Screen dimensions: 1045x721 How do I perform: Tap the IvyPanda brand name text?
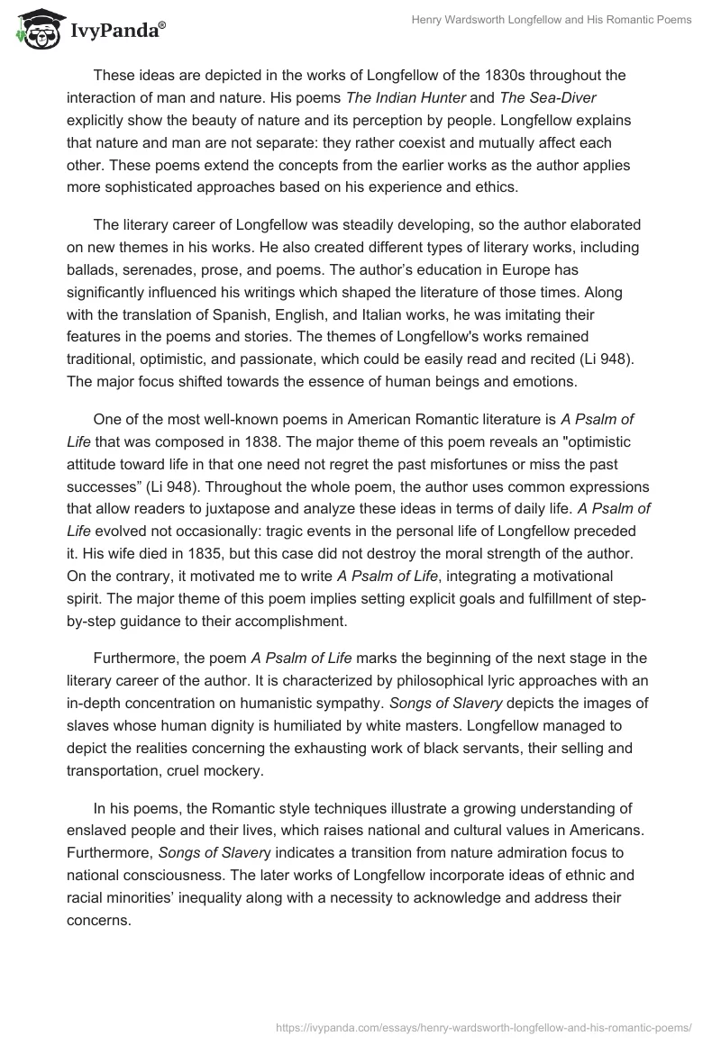(x=118, y=32)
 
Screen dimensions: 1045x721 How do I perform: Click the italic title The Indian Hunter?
(x=266, y=97)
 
